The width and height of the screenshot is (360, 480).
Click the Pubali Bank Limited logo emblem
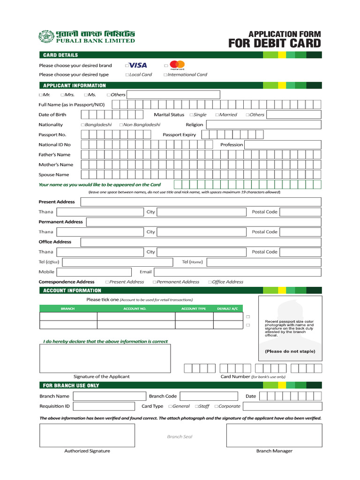pyautogui.click(x=45, y=36)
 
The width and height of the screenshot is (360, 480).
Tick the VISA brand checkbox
pyautogui.click(x=127, y=66)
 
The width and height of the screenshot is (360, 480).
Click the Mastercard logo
pyautogui.click(x=177, y=65)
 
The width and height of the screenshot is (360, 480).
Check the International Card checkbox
pyautogui.click(x=165, y=75)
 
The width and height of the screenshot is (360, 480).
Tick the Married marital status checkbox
pyautogui.click(x=217, y=115)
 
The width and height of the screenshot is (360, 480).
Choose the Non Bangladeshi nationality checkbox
pyautogui.click(x=121, y=125)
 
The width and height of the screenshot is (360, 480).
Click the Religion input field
pyautogui.click(x=263, y=125)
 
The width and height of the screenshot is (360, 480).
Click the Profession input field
pyautogui.click(x=283, y=145)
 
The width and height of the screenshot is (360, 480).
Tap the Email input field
pyautogui.click(x=237, y=272)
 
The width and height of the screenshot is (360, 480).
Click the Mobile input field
pyautogui.click(x=94, y=272)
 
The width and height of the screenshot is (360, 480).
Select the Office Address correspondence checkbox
pyautogui.click(x=210, y=282)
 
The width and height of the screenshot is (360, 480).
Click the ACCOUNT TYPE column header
pyautogui.click(x=194, y=309)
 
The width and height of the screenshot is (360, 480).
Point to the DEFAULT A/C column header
pyautogui.click(x=227, y=309)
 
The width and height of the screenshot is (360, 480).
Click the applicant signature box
pyautogui.click(x=105, y=358)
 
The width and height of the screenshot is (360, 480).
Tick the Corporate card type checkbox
pyautogui.click(x=217, y=407)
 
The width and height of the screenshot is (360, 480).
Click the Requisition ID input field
pyautogui.click(x=104, y=406)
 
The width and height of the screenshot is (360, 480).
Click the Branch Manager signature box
pyautogui.click(x=274, y=435)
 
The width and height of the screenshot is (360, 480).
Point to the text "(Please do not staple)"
pyautogui.click(x=290, y=351)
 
